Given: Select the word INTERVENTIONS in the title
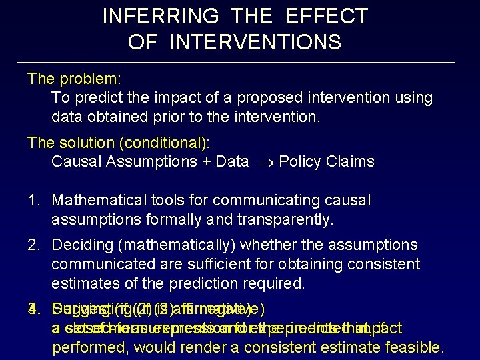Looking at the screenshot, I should [255, 43].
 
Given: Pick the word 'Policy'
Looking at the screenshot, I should [299, 162].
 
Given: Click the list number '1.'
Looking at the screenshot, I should [35, 200].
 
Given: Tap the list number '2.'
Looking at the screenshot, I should [35, 245].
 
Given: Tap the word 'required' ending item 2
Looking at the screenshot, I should [270, 283].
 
